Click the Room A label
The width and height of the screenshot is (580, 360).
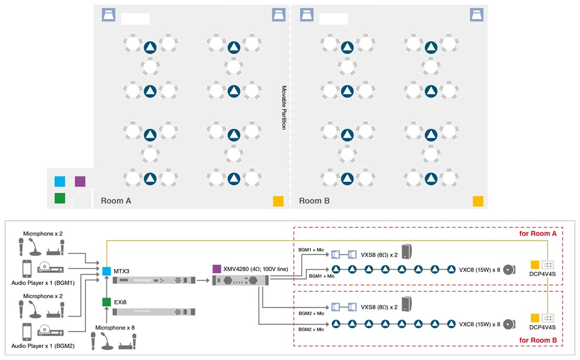coord(116,201)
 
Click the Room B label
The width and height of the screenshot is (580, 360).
coord(314,201)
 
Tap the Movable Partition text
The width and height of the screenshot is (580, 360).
coord(284,107)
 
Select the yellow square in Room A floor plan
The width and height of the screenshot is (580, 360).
coord(278,202)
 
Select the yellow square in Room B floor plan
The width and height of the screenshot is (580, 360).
coord(478,202)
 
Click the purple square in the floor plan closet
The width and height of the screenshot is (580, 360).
coord(80,181)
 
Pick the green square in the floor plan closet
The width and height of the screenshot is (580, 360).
coord(60,198)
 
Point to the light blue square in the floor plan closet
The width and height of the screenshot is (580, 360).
coord(60,181)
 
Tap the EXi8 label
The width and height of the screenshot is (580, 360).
coord(121,302)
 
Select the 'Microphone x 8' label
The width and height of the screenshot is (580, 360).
coord(115,328)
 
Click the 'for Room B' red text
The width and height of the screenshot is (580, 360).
coord(538,340)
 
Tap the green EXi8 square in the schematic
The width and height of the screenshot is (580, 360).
coord(107,302)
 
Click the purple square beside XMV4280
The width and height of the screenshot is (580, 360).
coord(217,268)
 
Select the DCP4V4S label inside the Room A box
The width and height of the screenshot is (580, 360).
coord(542,274)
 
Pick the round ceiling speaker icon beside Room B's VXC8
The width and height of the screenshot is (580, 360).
coord(509,324)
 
